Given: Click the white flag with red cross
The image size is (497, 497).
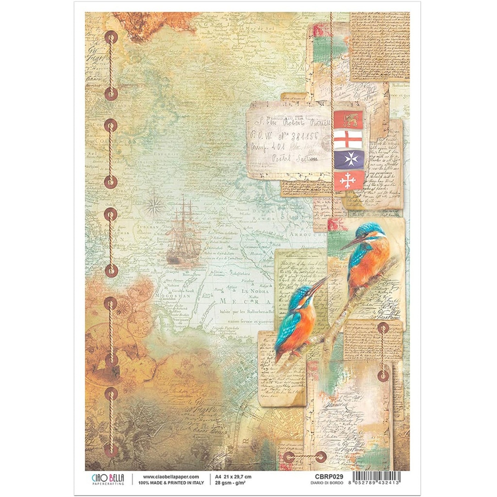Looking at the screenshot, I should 348,140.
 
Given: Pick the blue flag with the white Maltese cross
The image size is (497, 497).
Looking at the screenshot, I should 348,160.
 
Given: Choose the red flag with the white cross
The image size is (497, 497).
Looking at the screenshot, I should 348,181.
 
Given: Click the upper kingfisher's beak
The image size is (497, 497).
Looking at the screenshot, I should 351,243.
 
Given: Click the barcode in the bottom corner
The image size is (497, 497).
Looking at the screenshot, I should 377,479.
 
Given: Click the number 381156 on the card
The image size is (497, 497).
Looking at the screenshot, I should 302,136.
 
